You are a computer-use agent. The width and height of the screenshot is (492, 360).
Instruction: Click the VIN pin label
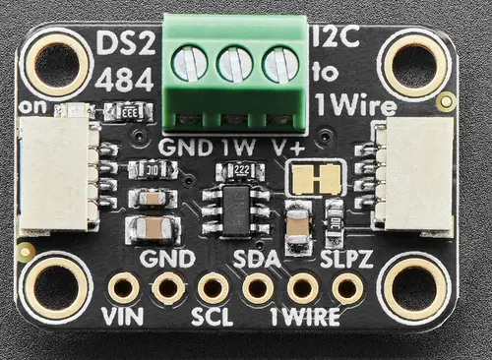pyautogui.click(x=123, y=317)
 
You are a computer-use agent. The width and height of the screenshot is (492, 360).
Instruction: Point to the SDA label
pyautogui.click(x=258, y=260)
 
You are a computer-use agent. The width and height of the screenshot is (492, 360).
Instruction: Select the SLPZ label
pyautogui.click(x=345, y=260)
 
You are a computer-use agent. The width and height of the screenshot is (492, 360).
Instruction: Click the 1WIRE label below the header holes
pyautogui.click(x=305, y=317)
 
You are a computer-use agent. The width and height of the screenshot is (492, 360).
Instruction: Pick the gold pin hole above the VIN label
pyautogui.click(x=124, y=288)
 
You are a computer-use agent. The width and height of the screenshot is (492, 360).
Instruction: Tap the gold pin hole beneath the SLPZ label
pyautogui.click(x=346, y=288)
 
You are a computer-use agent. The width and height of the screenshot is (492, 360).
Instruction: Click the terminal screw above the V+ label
pyautogui.click(x=281, y=65)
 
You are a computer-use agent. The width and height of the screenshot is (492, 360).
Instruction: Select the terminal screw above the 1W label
pyautogui.click(x=235, y=65)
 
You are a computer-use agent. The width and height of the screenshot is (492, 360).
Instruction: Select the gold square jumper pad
pyautogui.click(x=315, y=178)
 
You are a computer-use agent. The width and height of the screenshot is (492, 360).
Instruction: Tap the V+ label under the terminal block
pyautogui.click(x=286, y=148)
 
